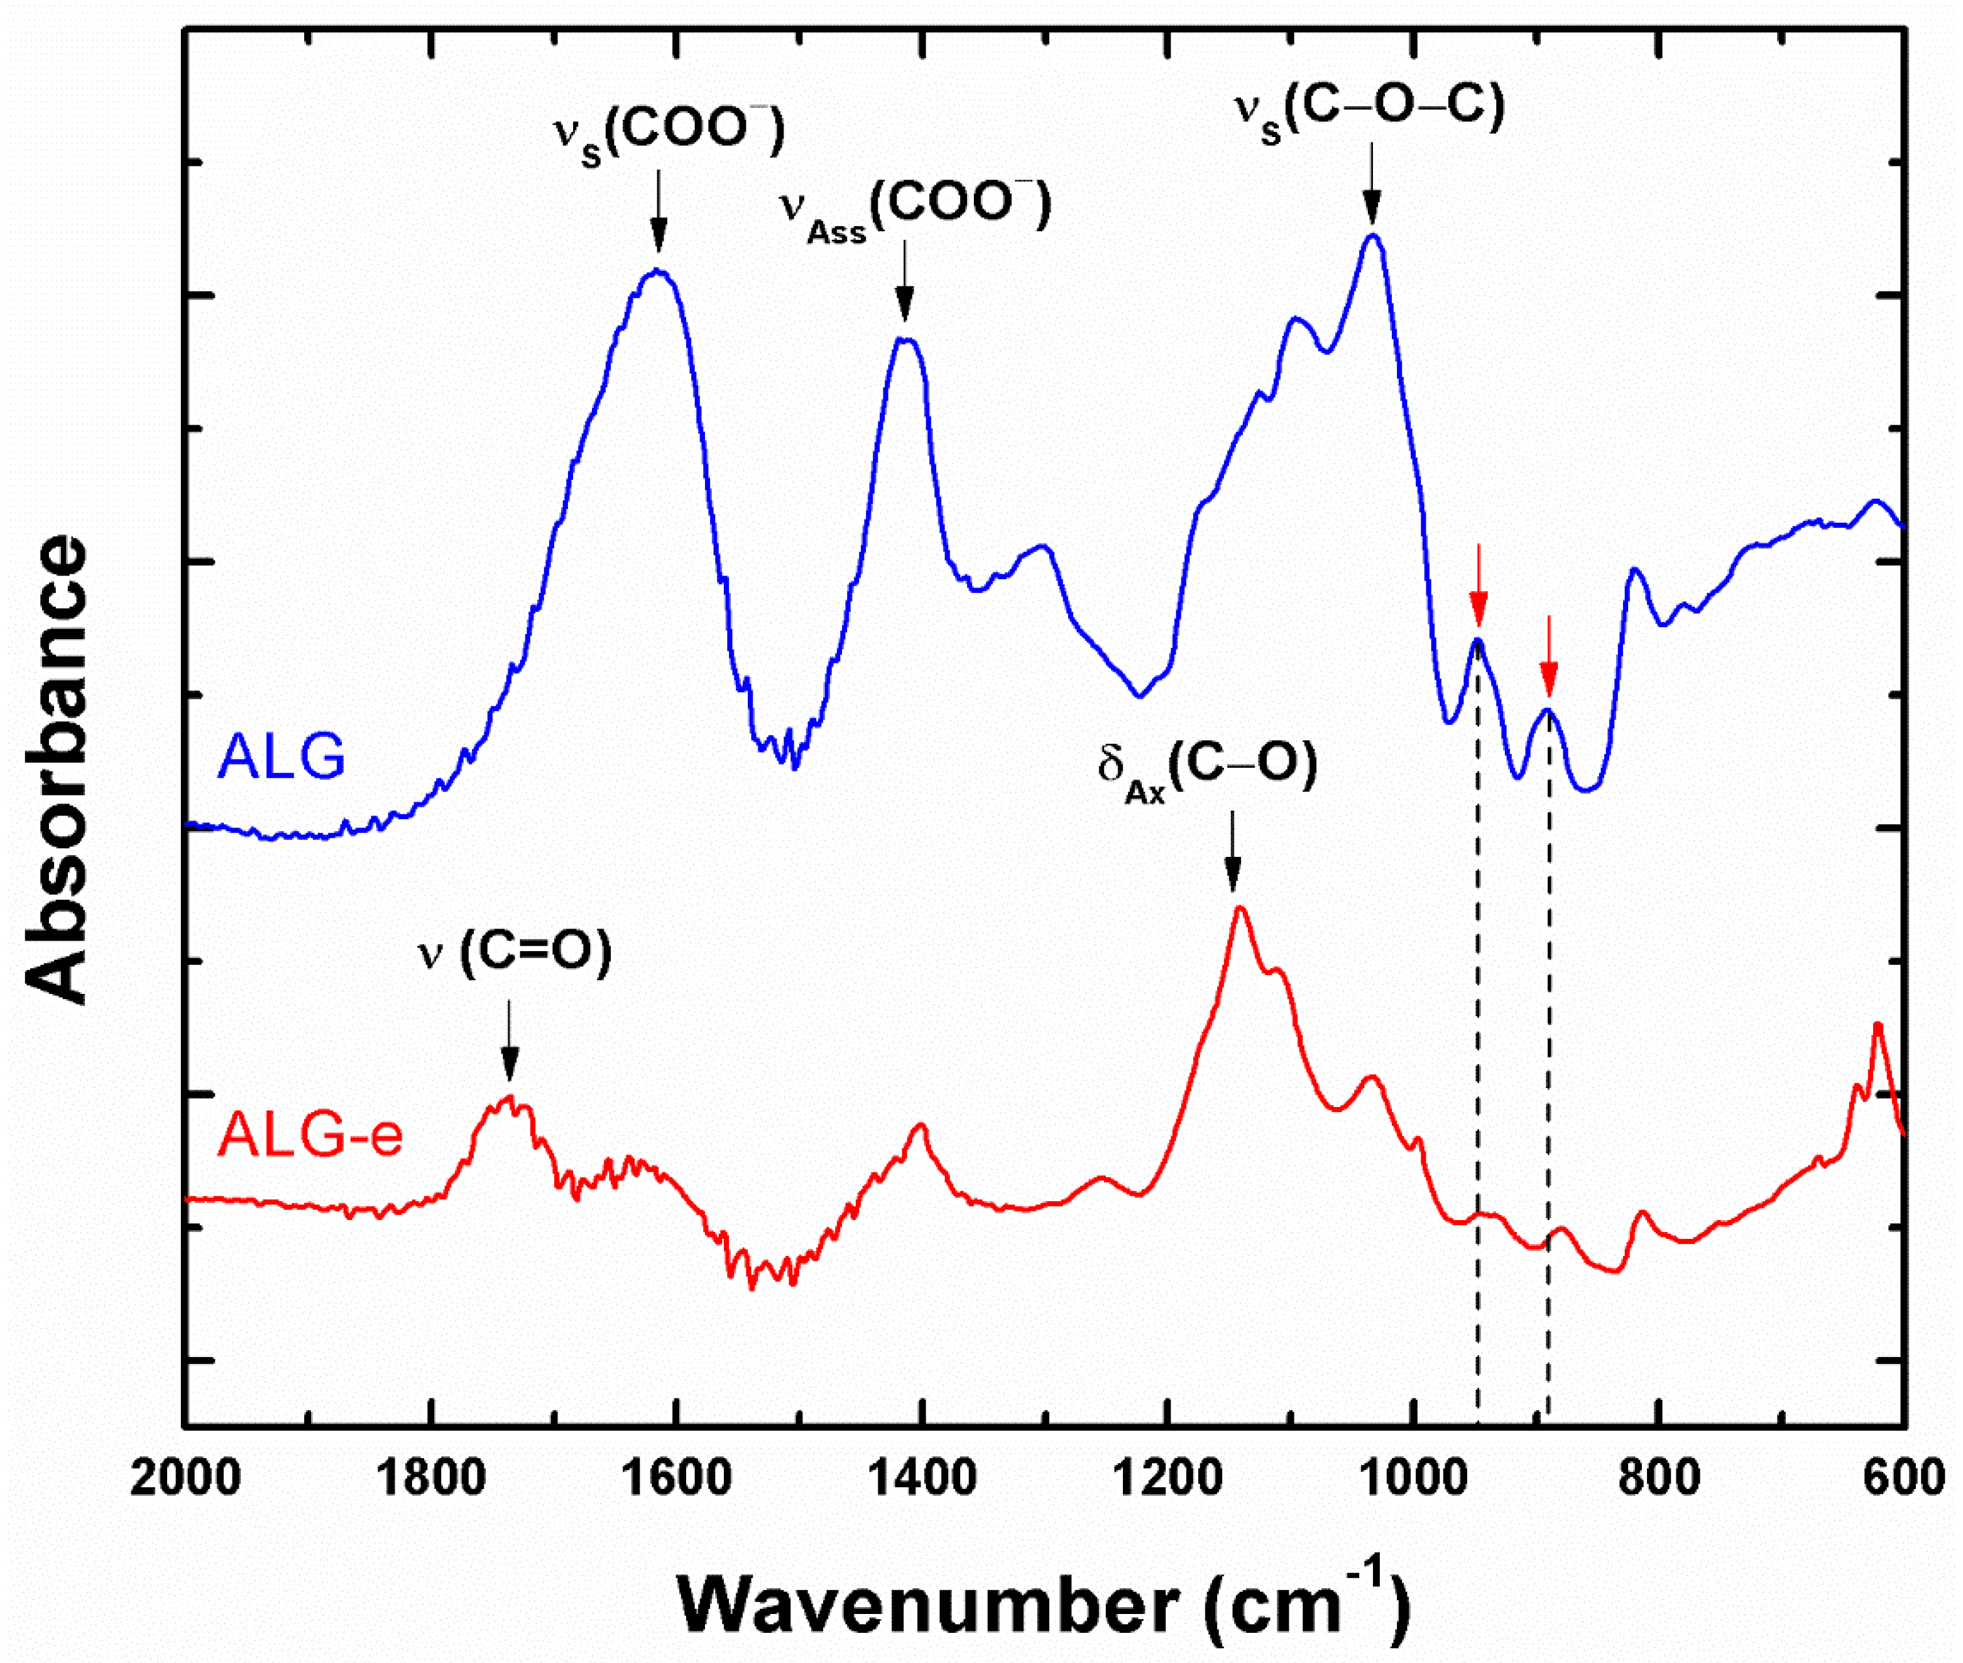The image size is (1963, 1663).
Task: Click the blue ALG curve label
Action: click(281, 755)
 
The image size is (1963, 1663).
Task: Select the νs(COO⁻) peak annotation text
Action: click(667, 136)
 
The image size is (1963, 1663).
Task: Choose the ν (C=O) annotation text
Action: click(515, 953)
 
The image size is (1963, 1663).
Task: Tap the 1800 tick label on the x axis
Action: click(431, 1476)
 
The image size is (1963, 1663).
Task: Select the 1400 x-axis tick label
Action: click(922, 1476)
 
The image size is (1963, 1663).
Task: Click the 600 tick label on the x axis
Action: click(1905, 1476)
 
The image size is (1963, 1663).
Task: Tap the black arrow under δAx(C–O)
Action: click(1232, 851)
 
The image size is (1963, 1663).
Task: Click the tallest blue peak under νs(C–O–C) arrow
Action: click(1372, 237)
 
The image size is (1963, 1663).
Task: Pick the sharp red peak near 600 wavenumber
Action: click(1876, 1027)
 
